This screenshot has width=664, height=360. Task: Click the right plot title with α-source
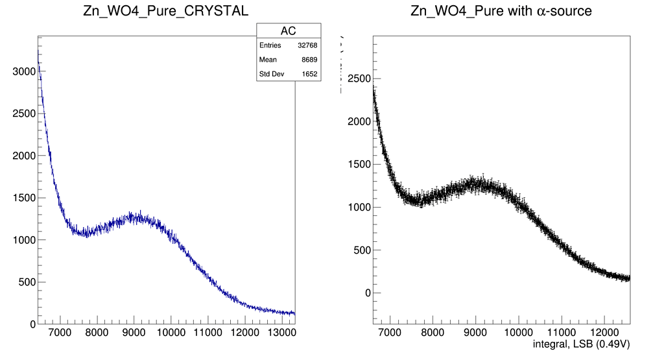501,12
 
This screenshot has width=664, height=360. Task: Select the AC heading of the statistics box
289,31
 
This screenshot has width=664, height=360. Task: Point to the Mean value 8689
309,60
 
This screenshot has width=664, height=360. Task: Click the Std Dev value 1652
309,74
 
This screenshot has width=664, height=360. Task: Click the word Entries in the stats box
270,45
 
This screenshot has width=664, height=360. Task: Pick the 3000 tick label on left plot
23,71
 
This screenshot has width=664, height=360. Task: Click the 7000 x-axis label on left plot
60,335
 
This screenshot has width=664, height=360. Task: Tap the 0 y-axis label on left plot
30,324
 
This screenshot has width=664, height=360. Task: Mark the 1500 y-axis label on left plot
23,198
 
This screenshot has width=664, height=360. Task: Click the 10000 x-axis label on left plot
171,335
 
